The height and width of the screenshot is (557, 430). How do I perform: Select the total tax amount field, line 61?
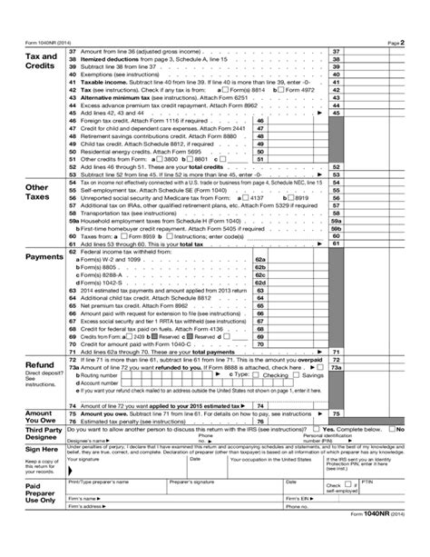(374, 244)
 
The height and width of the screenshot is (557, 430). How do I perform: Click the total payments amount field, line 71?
(374, 352)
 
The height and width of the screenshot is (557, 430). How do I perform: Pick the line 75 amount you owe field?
(374, 388)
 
